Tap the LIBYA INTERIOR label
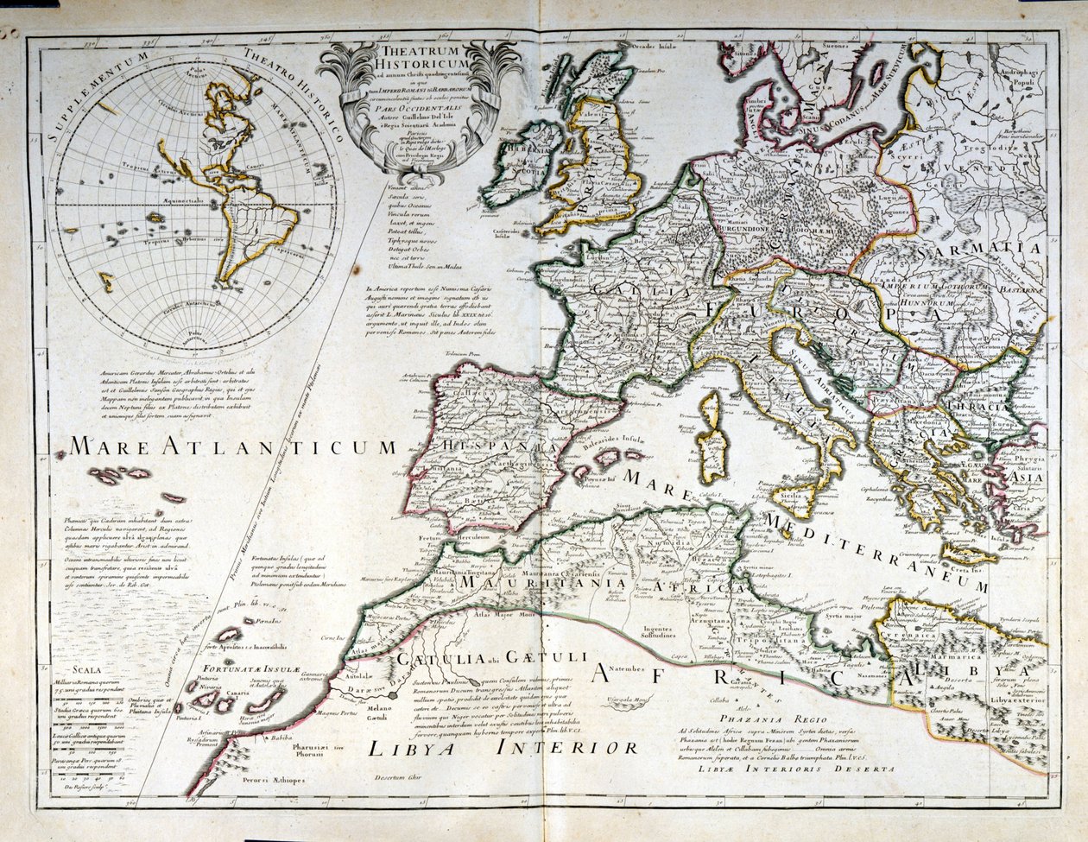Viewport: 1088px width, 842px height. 503,748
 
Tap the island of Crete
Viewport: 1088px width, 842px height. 969,552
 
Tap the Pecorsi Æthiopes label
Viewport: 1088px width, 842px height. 265,780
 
